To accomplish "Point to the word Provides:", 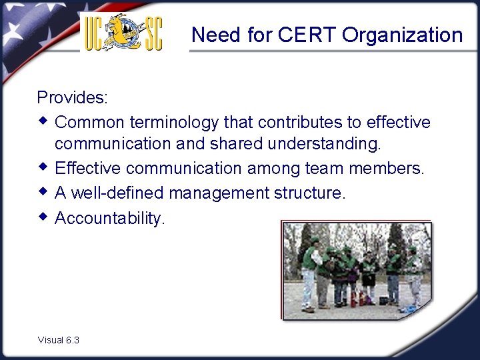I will [72, 97].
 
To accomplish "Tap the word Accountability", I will [109, 218].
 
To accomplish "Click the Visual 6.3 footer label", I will [59, 340].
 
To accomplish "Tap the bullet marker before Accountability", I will [43, 217].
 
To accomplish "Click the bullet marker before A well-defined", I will [43, 192].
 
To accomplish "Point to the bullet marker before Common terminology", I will [43, 121].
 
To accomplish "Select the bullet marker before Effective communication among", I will [43, 167].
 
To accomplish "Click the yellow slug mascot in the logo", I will [124, 30].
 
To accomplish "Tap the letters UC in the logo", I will [94, 33].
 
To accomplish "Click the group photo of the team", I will [356, 269].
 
